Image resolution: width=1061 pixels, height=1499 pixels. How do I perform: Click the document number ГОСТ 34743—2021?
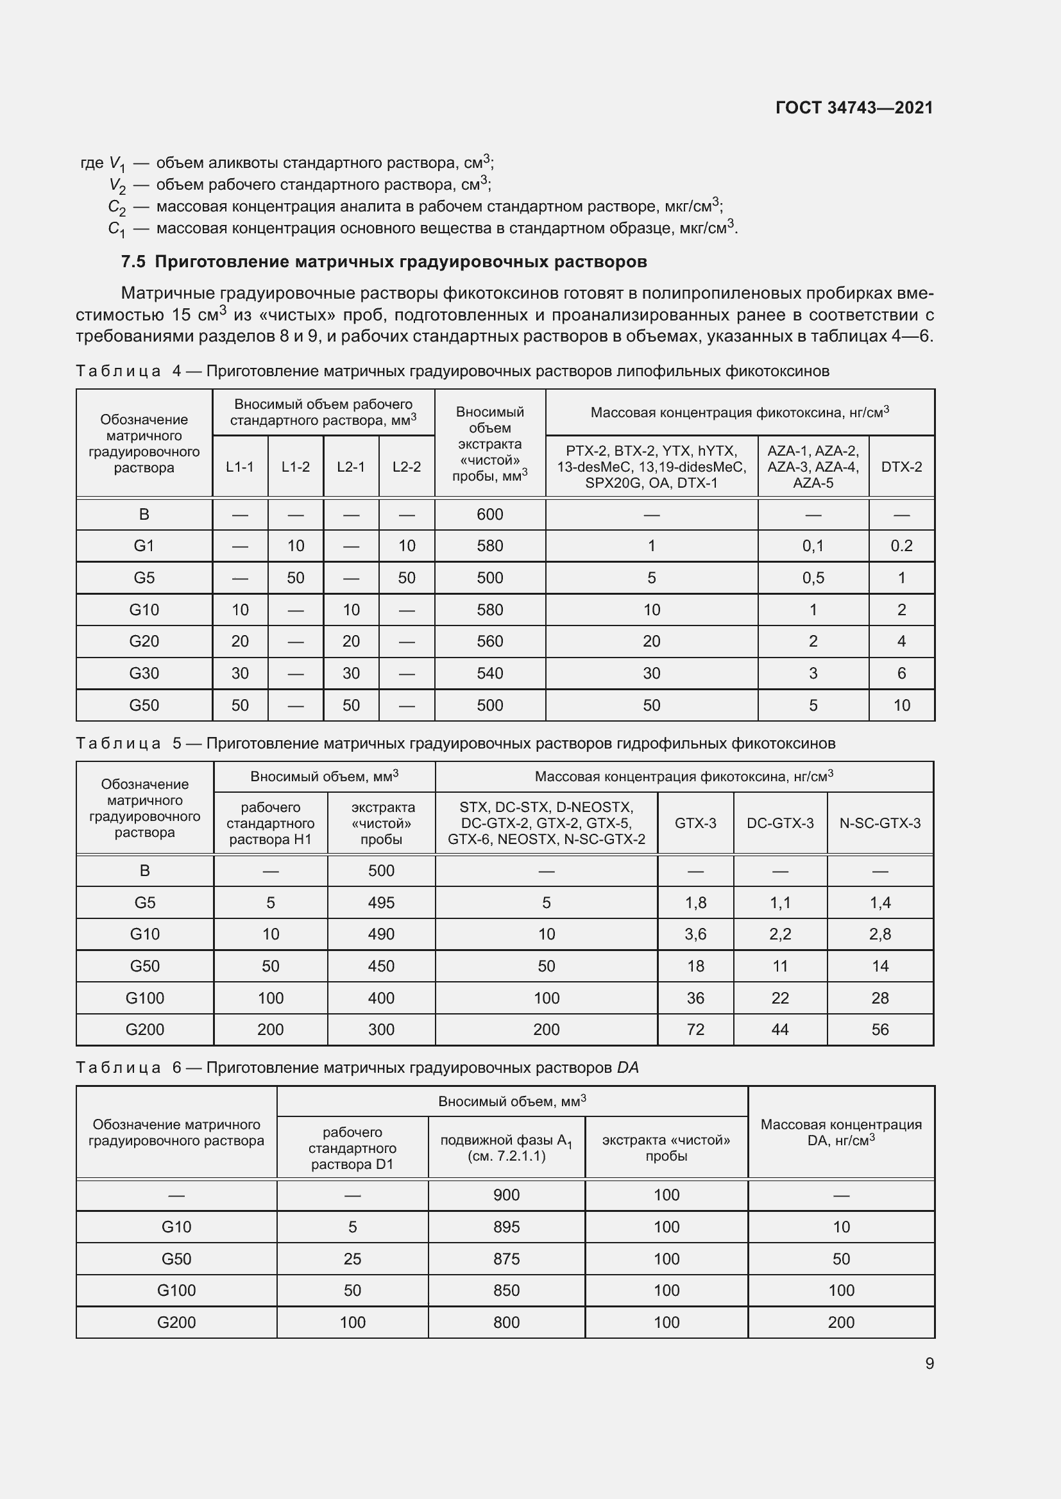coord(854,108)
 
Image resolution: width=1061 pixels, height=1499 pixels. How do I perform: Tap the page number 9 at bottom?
coord(929,1363)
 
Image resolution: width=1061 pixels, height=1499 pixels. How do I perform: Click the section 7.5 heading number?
coord(133,262)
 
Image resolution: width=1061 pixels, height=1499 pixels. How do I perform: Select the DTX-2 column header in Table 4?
coord(901,467)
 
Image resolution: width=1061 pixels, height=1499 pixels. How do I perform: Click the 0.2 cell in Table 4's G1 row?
coord(901,546)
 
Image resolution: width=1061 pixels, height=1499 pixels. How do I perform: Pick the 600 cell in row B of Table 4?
coord(489,515)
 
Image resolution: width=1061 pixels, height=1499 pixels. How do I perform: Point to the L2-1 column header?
coord(351,467)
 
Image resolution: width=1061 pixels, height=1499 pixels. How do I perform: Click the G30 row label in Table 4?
coord(144,673)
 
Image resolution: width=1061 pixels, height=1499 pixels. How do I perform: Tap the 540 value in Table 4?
coord(489,673)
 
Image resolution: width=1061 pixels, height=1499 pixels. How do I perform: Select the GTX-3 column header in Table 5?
coord(695,824)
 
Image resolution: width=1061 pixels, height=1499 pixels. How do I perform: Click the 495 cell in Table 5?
coord(381,902)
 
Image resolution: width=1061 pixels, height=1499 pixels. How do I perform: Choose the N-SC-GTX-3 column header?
coord(879,824)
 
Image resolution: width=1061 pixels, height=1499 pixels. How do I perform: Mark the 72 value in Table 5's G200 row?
coord(695,1030)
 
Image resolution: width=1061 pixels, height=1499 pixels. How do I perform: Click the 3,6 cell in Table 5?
coord(695,934)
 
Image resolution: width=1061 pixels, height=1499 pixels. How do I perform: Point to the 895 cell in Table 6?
coord(506,1227)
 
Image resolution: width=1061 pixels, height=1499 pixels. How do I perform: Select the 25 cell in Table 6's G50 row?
coord(352,1259)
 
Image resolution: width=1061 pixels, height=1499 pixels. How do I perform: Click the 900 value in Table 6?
coord(506,1195)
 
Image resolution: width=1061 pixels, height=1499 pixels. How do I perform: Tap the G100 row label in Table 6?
coord(176,1290)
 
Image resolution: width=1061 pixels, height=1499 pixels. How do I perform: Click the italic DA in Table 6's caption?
coord(627,1068)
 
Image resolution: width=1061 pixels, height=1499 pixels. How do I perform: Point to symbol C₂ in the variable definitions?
coord(116,208)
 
